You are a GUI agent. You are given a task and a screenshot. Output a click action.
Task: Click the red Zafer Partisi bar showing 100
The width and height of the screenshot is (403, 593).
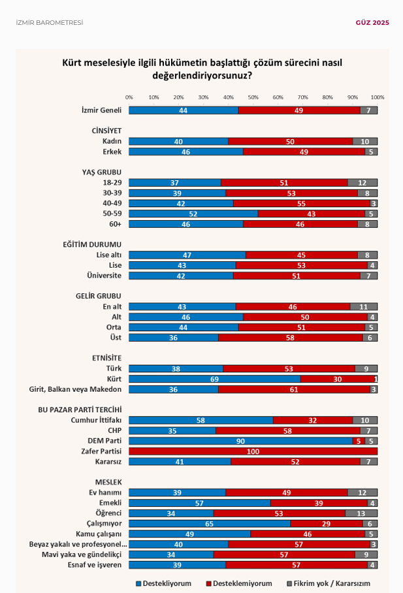tap(253, 451)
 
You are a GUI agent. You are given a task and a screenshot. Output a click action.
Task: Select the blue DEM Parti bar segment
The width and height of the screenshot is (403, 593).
tap(240, 440)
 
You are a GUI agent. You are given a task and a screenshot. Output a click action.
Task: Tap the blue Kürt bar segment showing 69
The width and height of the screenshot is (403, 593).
tap(214, 379)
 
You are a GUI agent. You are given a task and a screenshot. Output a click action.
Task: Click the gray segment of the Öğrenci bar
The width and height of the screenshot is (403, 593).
tap(361, 513)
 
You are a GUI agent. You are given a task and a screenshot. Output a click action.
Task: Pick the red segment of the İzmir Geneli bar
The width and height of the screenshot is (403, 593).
tap(299, 110)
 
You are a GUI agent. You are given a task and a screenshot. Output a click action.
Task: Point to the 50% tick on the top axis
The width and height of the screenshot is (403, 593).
tap(253, 97)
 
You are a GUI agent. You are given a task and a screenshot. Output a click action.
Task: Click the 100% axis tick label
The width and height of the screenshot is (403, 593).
tap(377, 97)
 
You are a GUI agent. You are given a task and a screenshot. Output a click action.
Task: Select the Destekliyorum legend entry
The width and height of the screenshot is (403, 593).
tap(164, 583)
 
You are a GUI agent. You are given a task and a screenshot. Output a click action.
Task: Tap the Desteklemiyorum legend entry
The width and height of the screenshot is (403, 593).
tap(240, 583)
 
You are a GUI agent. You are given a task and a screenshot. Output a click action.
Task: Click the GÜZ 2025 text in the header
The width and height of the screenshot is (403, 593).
tap(372, 23)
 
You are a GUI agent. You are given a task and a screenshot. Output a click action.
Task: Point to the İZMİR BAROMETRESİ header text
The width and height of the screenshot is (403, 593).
tap(50, 23)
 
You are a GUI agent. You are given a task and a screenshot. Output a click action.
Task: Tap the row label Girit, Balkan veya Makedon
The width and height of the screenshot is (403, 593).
tap(76, 389)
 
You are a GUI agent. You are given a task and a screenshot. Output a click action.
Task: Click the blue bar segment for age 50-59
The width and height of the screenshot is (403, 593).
tap(193, 214)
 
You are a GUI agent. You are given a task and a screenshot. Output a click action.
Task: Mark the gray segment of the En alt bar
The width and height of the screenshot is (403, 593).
tap(364, 306)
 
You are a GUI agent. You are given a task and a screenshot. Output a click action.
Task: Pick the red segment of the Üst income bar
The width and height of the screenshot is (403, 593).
tap(291, 338)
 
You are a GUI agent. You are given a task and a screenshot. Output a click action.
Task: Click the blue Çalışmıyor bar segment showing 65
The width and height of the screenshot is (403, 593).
tap(210, 524)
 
